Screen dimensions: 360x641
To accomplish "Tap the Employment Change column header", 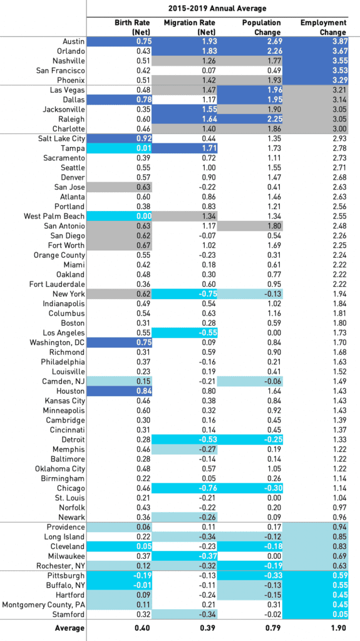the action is (x=323, y=28).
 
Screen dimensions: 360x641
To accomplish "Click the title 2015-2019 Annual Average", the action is (x=217, y=8).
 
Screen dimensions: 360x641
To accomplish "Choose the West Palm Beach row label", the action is (x=54, y=216).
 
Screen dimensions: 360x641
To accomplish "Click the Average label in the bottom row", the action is (x=70, y=628).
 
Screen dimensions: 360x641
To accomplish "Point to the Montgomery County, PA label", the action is (x=44, y=604).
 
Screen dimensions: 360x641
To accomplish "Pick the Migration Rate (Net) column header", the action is (x=190, y=28).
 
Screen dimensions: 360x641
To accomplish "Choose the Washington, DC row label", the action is (x=58, y=342).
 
